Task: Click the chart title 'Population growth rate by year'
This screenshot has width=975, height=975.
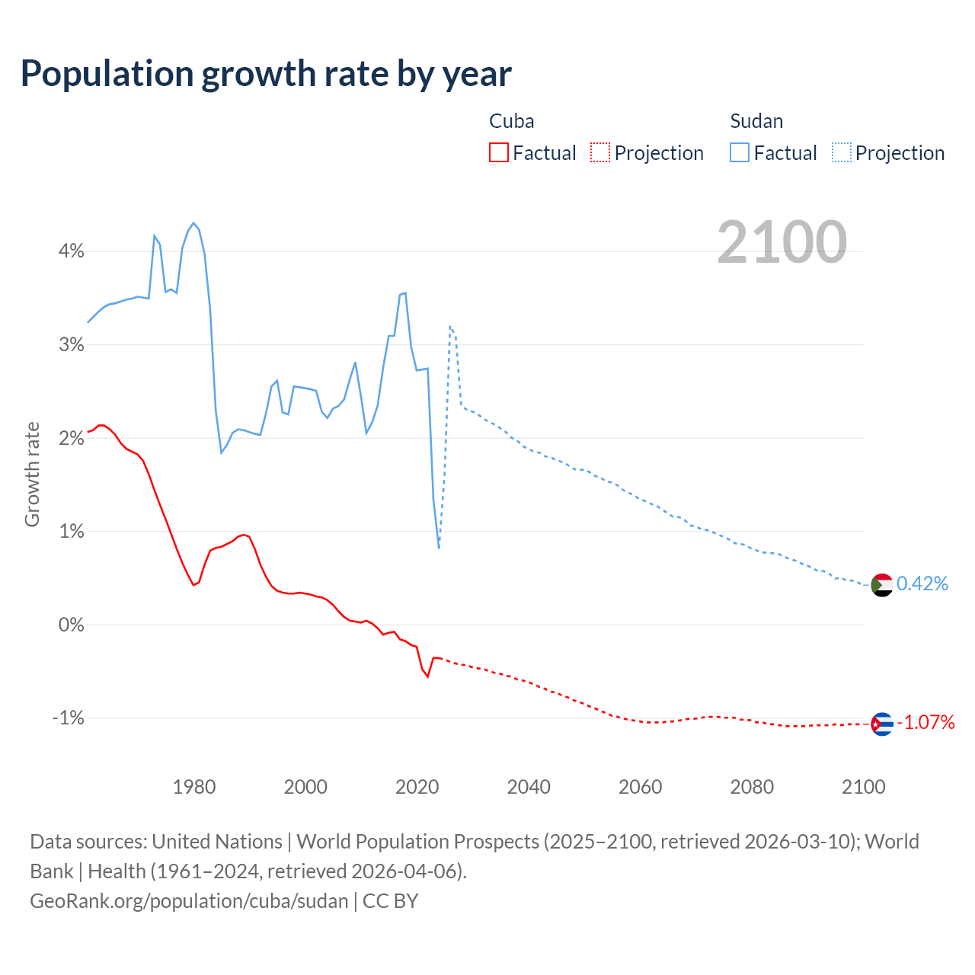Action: pos(266,74)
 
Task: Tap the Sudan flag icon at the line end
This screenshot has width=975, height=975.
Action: pos(881,585)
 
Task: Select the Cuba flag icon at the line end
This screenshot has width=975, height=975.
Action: pos(881,724)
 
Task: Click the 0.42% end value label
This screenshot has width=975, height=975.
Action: pos(922,584)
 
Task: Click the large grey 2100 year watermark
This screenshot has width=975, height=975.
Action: pos(782,242)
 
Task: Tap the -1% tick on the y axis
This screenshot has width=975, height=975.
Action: pos(68,718)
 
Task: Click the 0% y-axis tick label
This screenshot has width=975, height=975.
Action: pos(71,625)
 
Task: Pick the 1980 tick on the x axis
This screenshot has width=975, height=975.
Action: pos(194,787)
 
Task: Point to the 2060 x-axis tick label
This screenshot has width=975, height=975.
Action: pos(640,787)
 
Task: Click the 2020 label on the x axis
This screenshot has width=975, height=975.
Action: pos(417,787)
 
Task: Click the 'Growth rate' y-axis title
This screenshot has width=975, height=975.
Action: pos(32,474)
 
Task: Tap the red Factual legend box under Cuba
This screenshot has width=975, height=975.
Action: pos(498,152)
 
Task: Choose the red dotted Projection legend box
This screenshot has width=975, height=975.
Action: pos(600,152)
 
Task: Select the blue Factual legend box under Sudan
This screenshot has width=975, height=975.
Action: pos(739,152)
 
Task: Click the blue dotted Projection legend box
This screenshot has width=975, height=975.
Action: pos(841,152)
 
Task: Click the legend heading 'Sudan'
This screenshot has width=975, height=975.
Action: pos(756,121)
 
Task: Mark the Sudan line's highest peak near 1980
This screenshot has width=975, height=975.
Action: pos(193,223)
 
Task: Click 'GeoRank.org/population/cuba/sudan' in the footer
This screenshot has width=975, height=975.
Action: pos(189,901)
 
